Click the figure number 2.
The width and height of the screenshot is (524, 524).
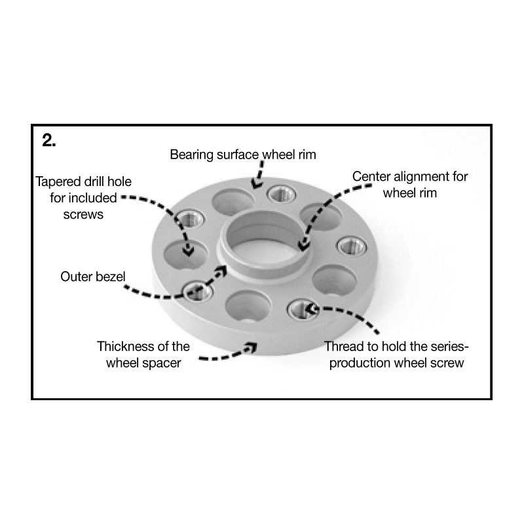(x=48, y=140)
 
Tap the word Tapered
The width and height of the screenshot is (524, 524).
(x=58, y=182)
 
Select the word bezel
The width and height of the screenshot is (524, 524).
(x=111, y=276)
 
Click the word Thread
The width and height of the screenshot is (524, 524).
(x=345, y=346)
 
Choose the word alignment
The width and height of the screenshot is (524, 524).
(x=422, y=177)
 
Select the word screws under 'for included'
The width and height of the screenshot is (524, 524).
(x=84, y=215)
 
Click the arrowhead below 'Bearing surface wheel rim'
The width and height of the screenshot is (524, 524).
(x=257, y=183)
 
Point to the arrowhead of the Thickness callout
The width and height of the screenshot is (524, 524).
(x=251, y=348)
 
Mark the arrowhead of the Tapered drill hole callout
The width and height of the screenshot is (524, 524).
(x=189, y=251)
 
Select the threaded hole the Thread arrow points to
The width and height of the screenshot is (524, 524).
(x=303, y=309)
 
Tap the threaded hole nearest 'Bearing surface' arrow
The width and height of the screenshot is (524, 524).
(x=282, y=194)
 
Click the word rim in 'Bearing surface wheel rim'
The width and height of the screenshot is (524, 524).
(x=307, y=155)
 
